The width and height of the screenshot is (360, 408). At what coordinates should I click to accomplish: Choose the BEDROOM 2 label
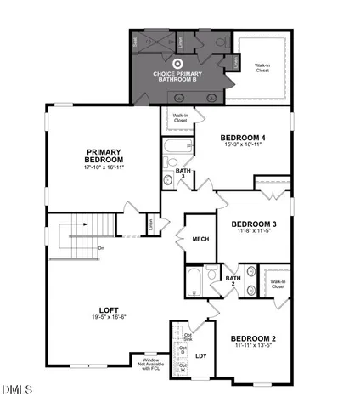(x=256, y=338)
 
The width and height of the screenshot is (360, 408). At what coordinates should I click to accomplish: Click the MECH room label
(x=200, y=239)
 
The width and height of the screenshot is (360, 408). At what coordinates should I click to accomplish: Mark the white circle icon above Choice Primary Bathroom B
(x=178, y=62)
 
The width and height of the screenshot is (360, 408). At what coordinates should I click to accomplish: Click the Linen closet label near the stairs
(x=151, y=224)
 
